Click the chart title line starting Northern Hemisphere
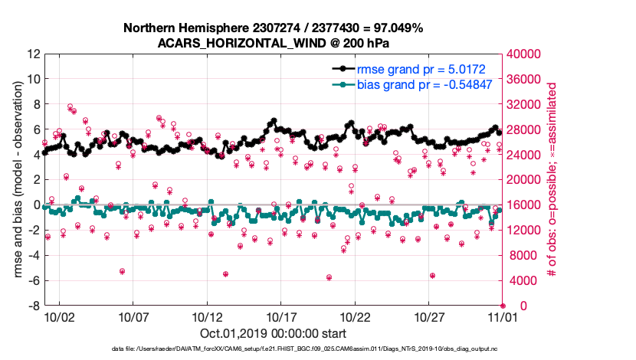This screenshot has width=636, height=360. [273, 28]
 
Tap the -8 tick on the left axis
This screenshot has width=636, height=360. [33, 306]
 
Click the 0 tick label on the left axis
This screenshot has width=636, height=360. [35, 205]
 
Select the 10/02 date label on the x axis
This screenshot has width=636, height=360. [59, 317]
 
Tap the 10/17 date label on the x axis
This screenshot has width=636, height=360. [281, 317]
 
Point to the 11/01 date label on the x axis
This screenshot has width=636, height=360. [503, 317]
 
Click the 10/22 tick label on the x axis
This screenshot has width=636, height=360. [355, 317]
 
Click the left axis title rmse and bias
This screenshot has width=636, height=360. [16, 180]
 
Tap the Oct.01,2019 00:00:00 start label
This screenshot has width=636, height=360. [273, 334]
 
